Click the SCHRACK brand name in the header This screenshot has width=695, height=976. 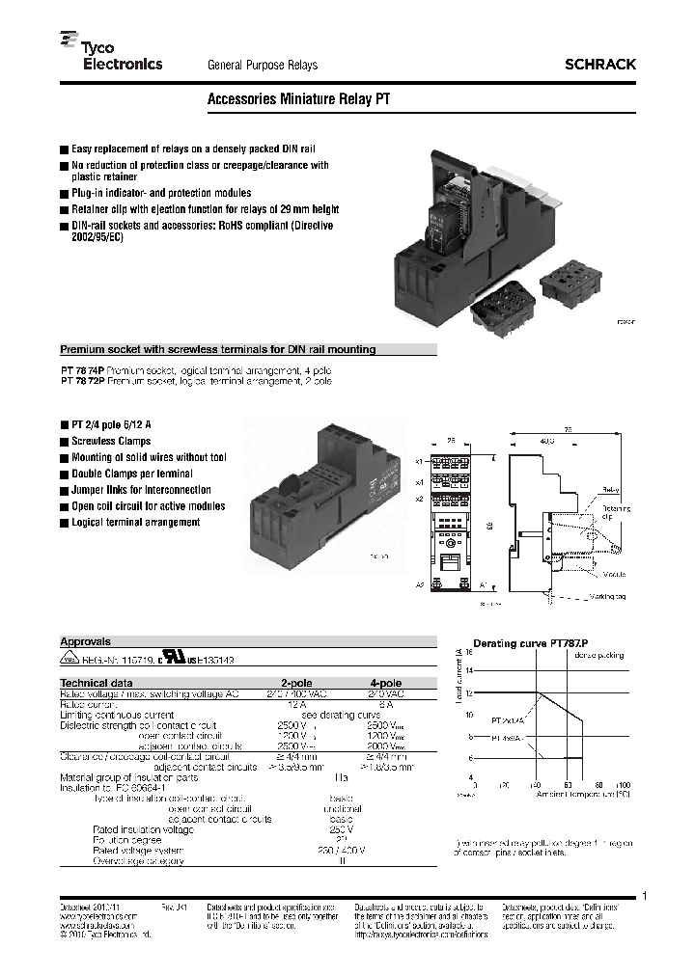pyautogui.click(x=599, y=65)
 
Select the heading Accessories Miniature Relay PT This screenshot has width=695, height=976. pyautogui.click(x=298, y=98)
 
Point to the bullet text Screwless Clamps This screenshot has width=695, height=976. pyautogui.click(x=111, y=441)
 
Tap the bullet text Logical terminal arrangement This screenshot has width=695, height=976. pyautogui.click(x=135, y=522)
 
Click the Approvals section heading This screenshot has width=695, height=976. pyautogui.click(x=86, y=640)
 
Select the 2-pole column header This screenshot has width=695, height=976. pyautogui.click(x=296, y=681)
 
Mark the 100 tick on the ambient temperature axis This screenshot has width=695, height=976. pyautogui.click(x=625, y=786)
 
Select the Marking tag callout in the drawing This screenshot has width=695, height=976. pyautogui.click(x=609, y=597)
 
